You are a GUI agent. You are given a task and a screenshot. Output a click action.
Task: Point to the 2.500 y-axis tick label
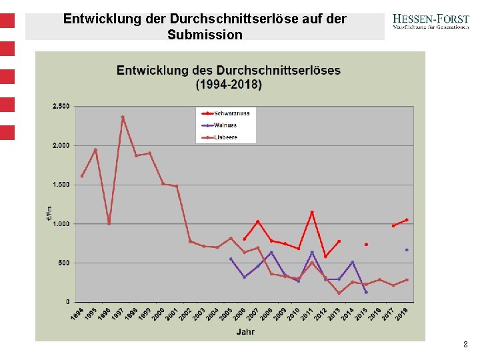[x=61, y=106]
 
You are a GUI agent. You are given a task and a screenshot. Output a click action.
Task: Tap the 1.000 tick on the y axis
[x=61, y=224]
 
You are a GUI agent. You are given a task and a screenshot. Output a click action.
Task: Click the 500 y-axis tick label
[x=63, y=263]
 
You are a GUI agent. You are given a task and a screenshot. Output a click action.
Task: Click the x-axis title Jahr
[x=245, y=331]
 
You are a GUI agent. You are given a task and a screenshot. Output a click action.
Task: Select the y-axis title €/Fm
[x=49, y=213]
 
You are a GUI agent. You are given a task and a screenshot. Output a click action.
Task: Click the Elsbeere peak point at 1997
[x=123, y=117]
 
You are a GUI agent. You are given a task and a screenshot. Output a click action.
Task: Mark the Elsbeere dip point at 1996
[x=109, y=223]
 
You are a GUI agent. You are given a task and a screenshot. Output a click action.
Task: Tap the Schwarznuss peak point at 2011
[x=312, y=213]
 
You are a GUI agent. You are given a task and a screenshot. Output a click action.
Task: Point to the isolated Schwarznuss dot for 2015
[x=366, y=245]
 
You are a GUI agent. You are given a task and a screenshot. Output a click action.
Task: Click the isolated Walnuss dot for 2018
[x=407, y=250]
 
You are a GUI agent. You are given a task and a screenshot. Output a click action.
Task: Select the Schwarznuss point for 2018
[x=407, y=220]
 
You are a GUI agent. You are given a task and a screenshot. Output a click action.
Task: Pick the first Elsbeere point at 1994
[x=82, y=176]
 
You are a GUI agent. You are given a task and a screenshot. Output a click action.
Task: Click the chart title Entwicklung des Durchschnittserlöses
[x=229, y=70]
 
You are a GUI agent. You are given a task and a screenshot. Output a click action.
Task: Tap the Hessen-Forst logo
[x=430, y=23]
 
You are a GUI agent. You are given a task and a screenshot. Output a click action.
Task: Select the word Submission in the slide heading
[x=205, y=35]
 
